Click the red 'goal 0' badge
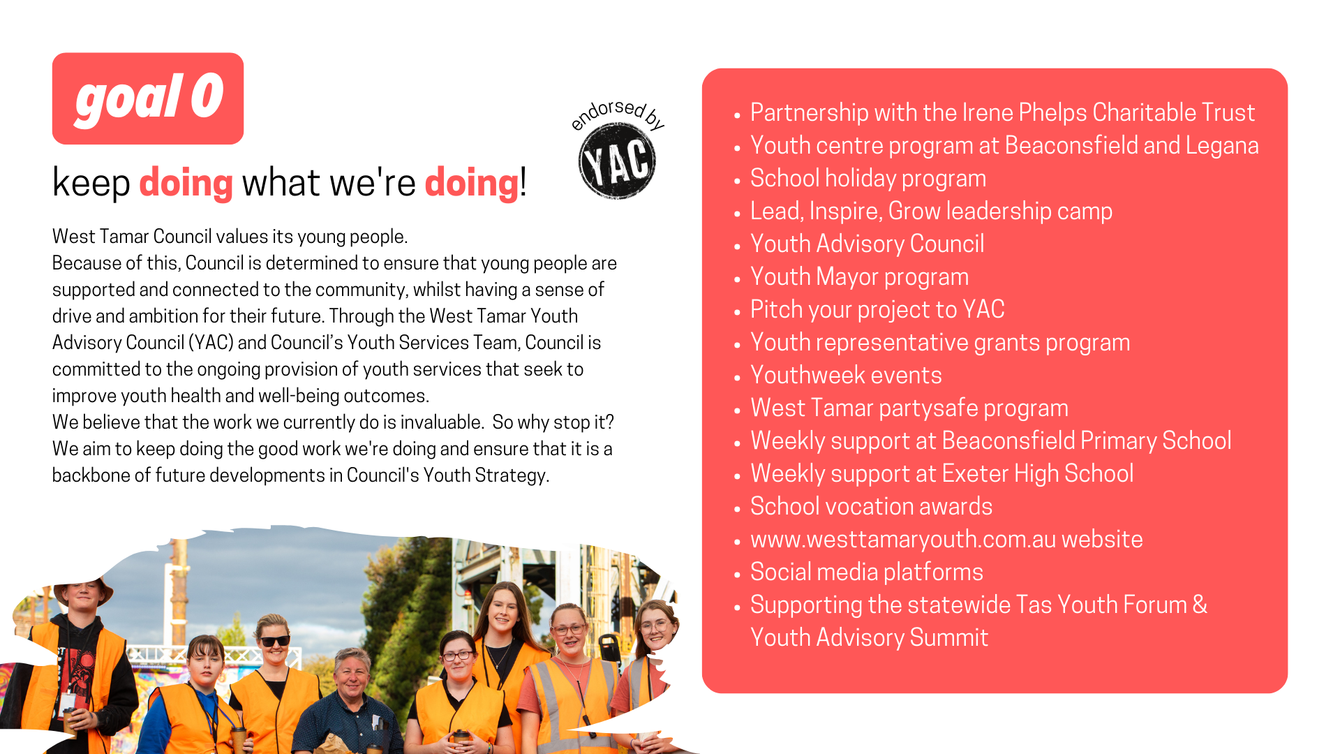(148, 98)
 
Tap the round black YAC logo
(617, 161)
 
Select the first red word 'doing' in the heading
(186, 183)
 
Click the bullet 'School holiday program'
(868, 179)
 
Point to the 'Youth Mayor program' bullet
(859, 277)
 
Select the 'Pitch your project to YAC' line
(877, 310)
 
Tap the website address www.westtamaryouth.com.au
(903, 540)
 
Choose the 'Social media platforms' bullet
(867, 572)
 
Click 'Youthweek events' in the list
(846, 376)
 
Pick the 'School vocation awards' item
(871, 507)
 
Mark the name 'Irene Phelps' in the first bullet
(1025, 113)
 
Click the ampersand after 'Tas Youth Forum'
(1200, 605)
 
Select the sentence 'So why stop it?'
(553, 422)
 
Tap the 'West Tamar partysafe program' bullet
(909, 408)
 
